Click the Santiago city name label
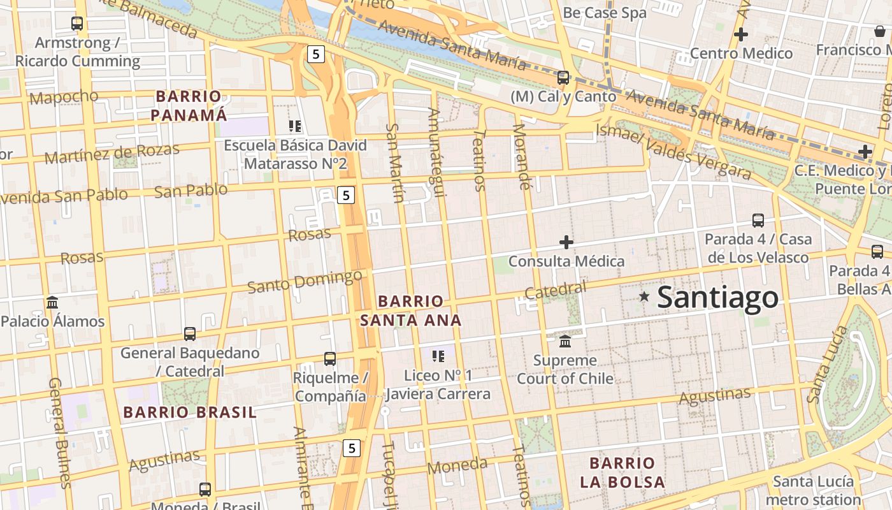tap(717, 297)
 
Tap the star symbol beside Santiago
tap(644, 296)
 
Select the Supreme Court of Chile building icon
tap(565, 342)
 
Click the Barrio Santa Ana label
tap(410, 310)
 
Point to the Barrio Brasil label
tap(190, 412)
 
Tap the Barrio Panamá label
tap(189, 106)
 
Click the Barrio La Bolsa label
tap(622, 472)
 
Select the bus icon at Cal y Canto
tap(563, 78)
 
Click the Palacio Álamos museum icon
tap(52, 302)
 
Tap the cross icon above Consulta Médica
tap(566, 242)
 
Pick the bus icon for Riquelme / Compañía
tap(329, 359)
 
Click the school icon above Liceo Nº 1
tap(438, 356)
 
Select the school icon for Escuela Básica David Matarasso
tap(294, 126)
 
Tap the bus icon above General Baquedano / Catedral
tap(189, 333)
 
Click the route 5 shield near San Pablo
tap(345, 195)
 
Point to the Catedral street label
tap(555, 290)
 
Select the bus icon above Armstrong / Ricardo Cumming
tap(77, 24)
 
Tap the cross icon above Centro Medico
tap(740, 34)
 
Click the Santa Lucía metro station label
tap(813, 490)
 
